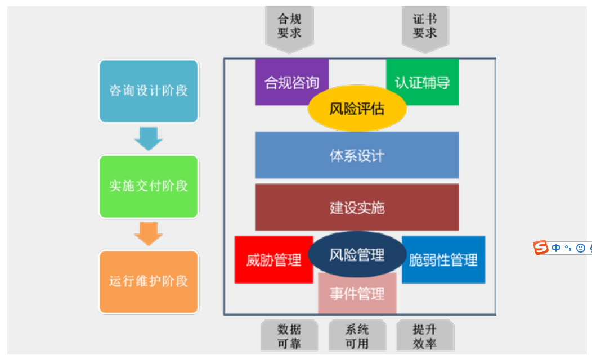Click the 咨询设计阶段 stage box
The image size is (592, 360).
pos(149,91)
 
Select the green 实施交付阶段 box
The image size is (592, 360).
pos(149,186)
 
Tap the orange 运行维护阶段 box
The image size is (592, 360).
pos(149,281)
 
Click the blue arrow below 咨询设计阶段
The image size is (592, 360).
pos(149,138)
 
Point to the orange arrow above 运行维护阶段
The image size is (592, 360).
pos(149,233)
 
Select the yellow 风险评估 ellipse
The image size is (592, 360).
pos(357,109)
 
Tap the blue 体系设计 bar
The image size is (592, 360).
pos(357,155)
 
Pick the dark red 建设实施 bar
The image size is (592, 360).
pos(357,208)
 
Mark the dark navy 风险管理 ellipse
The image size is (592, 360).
pos(357,255)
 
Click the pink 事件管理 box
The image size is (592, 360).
pos(357,294)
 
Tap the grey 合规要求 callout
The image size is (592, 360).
pos(289,26)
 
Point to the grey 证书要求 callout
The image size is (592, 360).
pos(425,26)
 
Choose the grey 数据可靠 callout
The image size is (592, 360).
pos(289,336)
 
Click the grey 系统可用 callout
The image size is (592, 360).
pos(357,336)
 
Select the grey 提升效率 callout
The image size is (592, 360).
pos(425,336)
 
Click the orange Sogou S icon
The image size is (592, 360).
pos(541,247)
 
